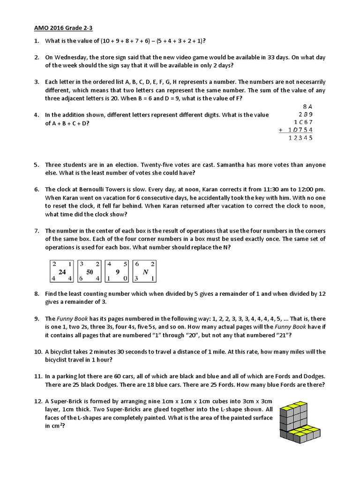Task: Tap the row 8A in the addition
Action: pyautogui.click(x=307, y=106)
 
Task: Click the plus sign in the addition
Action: pyautogui.click(x=280, y=130)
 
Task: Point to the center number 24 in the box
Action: pyautogui.click(x=62, y=271)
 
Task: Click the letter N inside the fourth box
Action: pyautogui.click(x=145, y=271)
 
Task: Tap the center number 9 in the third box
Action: pyautogui.click(x=117, y=271)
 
